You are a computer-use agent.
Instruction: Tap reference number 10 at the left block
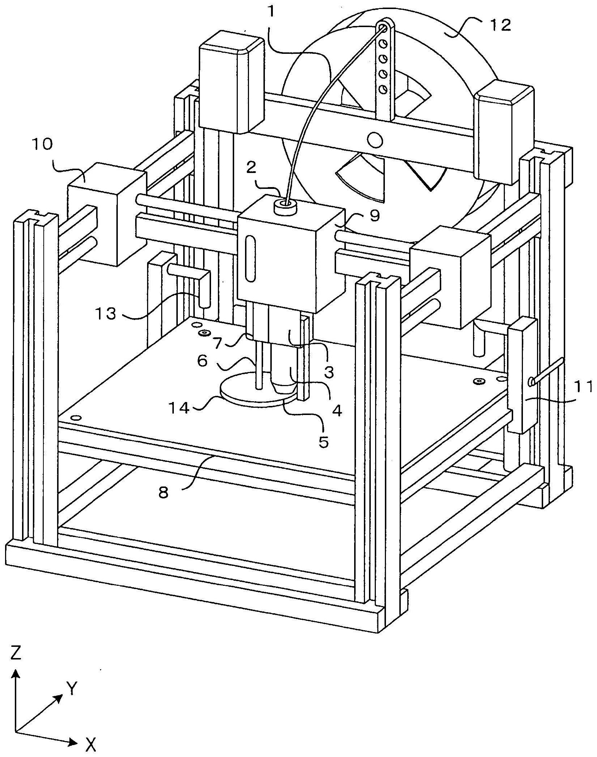[x=42, y=144]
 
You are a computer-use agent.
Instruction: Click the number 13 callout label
[x=106, y=313]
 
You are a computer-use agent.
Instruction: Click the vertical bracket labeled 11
[x=522, y=376]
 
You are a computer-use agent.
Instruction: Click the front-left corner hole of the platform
[x=76, y=418]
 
